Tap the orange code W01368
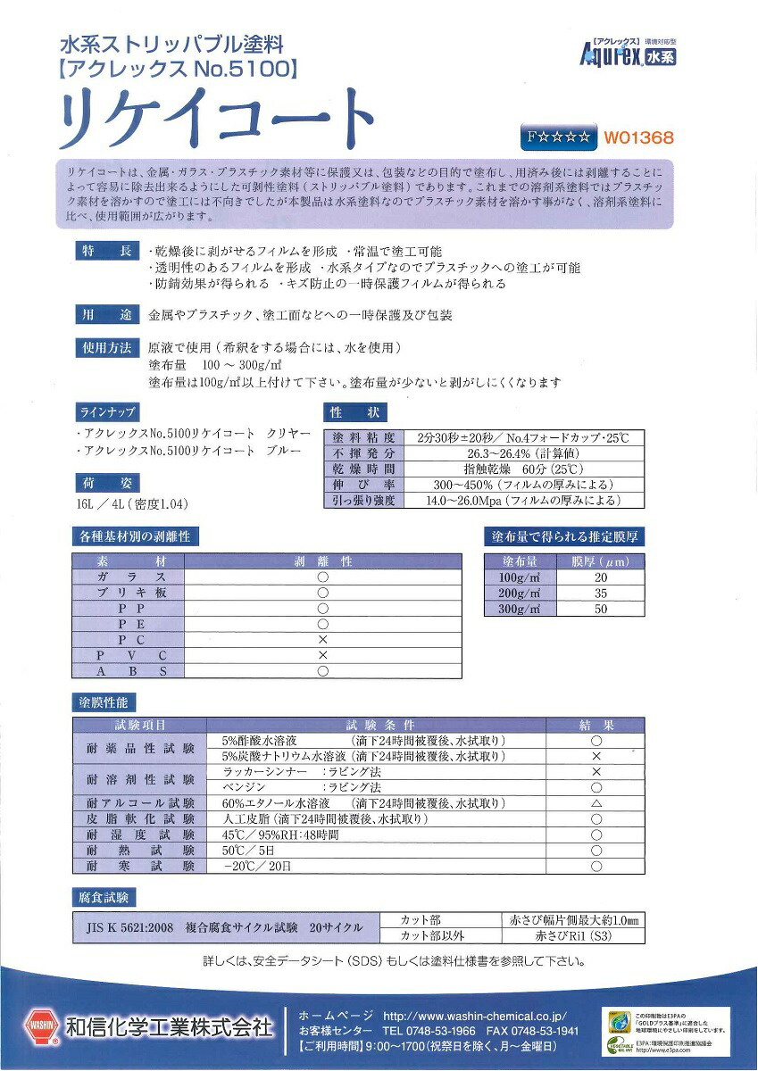coord(638,138)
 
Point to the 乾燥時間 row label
coord(362,469)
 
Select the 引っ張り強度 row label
coord(362,501)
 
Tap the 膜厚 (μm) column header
coord(600,562)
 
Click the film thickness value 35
coord(600,593)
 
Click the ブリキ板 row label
coord(129,593)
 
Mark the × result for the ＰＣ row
coord(323,640)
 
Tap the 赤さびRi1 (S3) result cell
coord(573,936)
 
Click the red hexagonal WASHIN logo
coord(41,1027)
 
